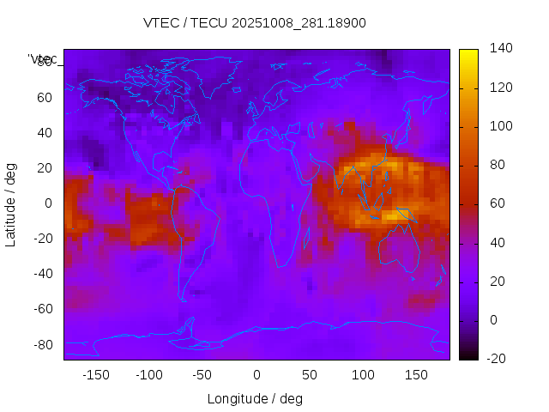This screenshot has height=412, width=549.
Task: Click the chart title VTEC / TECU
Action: [255, 23]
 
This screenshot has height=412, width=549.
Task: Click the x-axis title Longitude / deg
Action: [255, 399]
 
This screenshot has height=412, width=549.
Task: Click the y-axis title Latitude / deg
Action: [11, 203]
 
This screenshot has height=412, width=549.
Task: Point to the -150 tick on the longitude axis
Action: [95, 375]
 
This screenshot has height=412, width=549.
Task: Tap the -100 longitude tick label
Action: [148, 375]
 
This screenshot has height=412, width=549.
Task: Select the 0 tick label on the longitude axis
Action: [256, 375]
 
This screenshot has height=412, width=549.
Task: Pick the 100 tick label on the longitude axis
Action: [363, 375]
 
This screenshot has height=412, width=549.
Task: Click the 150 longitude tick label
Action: [416, 375]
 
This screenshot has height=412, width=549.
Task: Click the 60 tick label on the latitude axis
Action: [44, 97]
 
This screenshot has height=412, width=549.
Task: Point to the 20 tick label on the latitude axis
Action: [44, 167]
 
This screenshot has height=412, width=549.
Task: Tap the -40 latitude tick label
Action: [41, 274]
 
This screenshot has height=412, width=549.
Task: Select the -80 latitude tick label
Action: [41, 344]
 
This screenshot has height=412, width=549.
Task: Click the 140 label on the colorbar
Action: [499, 48]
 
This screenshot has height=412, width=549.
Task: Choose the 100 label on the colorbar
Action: [499, 126]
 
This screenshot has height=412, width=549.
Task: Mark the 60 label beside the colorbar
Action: [496, 203]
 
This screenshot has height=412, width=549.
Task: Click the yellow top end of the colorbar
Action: [468, 53]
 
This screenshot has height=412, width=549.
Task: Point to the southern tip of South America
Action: [183, 300]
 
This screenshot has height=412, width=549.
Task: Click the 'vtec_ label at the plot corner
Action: [43, 58]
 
